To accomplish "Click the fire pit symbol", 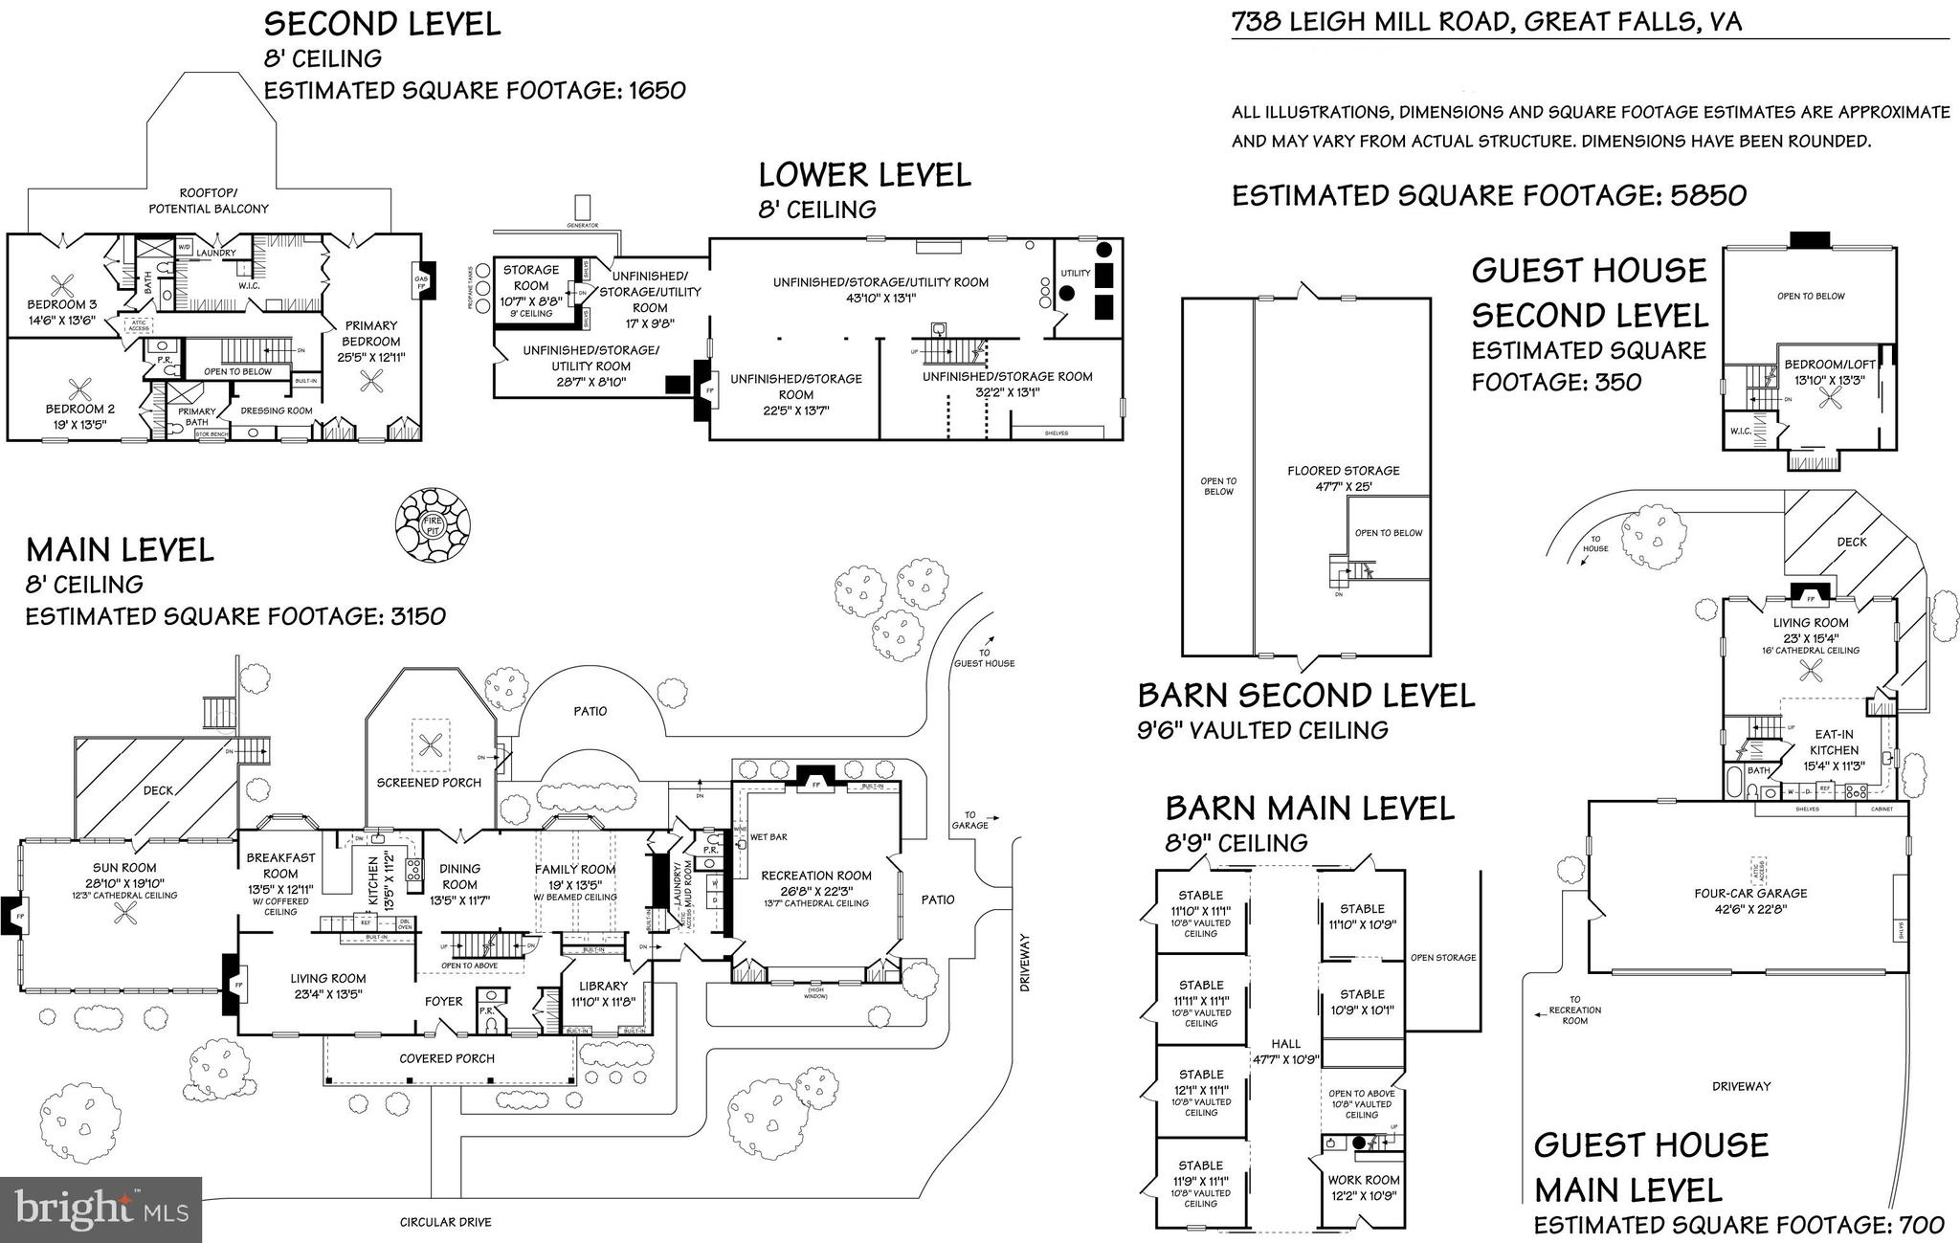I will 433,524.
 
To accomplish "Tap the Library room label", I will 603,986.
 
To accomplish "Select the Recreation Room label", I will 816,876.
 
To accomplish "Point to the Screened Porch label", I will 429,783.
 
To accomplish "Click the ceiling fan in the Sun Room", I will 125,916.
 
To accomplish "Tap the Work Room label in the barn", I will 1363,1180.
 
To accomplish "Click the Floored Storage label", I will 1343,471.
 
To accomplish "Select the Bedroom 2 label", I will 80,410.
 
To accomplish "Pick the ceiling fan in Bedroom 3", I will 64,286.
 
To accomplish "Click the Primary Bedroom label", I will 371,334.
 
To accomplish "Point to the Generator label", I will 582,226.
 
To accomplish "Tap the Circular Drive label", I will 445,1223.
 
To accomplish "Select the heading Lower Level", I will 864,175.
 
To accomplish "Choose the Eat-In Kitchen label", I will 1834,743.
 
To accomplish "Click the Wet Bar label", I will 768,837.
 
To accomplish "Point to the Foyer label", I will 444,1002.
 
